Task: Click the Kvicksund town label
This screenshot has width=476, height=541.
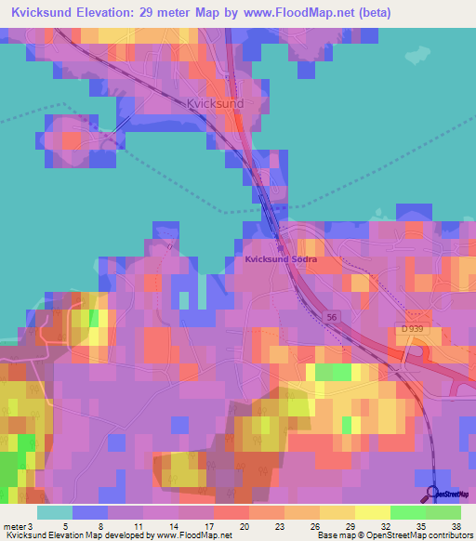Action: click(x=216, y=104)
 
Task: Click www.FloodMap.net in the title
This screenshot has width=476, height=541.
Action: click(x=301, y=13)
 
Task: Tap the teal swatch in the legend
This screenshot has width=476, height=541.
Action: click(x=55, y=512)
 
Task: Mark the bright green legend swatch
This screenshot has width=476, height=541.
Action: click(x=408, y=512)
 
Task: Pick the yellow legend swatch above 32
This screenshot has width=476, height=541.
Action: click(x=373, y=512)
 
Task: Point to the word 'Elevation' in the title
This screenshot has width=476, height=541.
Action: click(x=102, y=13)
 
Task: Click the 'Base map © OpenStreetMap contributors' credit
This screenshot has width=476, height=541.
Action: click(x=394, y=535)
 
